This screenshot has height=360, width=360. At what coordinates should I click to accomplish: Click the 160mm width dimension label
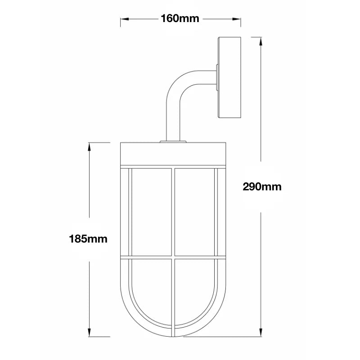[x=180, y=18]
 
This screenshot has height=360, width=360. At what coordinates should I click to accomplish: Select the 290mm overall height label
[x=262, y=186]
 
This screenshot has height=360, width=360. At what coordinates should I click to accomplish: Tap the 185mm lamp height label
[x=88, y=238]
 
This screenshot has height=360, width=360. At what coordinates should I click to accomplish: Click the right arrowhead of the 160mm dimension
[x=238, y=19]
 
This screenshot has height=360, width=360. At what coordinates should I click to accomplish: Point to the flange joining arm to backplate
[x=217, y=78]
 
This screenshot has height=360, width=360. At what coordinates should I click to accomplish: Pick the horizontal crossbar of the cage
[x=173, y=259]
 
